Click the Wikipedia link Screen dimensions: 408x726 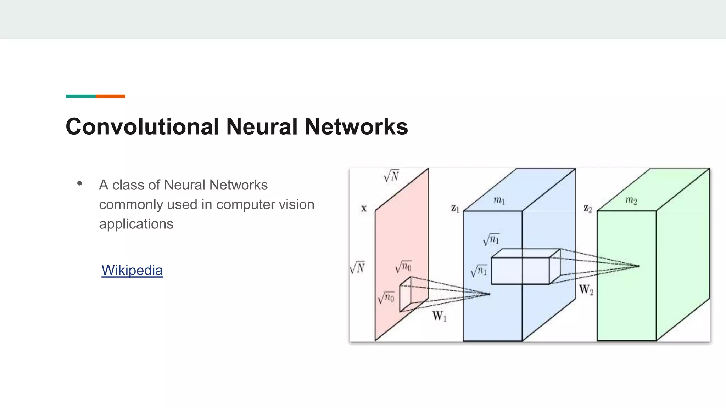pyautogui.click(x=132, y=270)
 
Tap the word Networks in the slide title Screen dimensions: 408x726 pyautogui.click(x=356, y=126)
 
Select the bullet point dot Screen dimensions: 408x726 pyautogui.click(x=79, y=183)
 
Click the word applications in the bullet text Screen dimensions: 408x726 pyautogui.click(x=136, y=224)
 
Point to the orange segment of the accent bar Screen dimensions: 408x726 pyautogui.click(x=110, y=96)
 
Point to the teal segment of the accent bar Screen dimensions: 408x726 pyautogui.click(x=81, y=96)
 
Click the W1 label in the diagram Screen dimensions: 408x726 pyautogui.click(x=439, y=316)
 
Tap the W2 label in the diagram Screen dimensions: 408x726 pyautogui.click(x=586, y=290)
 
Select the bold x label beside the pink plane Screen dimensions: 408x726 pyautogui.click(x=364, y=209)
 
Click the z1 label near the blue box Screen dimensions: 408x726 pyautogui.click(x=455, y=209)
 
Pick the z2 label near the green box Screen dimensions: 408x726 pyautogui.click(x=588, y=209)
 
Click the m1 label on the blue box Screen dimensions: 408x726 pyautogui.click(x=499, y=200)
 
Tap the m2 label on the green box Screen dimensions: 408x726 pyautogui.click(x=631, y=200)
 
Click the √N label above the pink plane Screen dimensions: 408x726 pyautogui.click(x=391, y=176)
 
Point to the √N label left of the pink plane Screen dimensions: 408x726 pyautogui.click(x=357, y=268)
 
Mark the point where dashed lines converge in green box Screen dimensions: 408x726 pyautogui.click(x=639, y=266)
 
